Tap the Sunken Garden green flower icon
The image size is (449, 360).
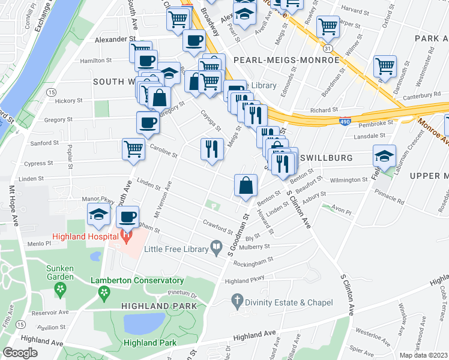point(60,290)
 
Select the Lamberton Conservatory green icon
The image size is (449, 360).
point(104,292)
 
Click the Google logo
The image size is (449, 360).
point(20,353)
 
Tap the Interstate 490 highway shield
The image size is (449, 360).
point(345,122)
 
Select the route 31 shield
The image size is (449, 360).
point(327,47)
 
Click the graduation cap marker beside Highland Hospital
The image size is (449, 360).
point(98,215)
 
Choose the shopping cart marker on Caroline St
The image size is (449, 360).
point(133,149)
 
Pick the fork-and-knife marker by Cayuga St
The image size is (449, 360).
point(211,149)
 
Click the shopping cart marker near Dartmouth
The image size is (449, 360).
point(385,67)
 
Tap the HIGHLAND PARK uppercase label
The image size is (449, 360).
point(159,306)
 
